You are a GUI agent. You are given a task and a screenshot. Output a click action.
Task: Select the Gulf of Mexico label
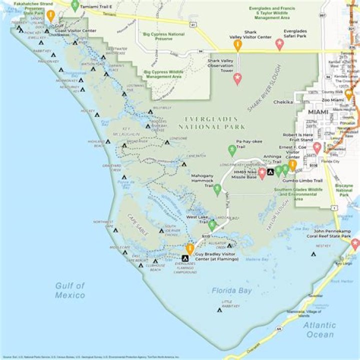pyautogui.click(x=70, y=290)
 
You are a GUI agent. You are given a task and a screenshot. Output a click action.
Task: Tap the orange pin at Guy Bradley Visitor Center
pyautogui.click(x=189, y=248)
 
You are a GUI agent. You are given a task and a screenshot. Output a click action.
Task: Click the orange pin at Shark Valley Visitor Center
pyautogui.click(x=238, y=45)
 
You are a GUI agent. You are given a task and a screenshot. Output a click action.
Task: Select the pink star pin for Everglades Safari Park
pyautogui.click(x=279, y=44)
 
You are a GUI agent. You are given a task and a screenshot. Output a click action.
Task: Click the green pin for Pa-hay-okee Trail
pyautogui.click(x=232, y=149)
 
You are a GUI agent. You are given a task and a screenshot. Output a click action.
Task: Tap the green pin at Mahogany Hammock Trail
pyautogui.click(x=217, y=188)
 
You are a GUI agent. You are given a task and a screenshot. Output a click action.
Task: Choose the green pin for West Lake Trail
pyautogui.click(x=212, y=225)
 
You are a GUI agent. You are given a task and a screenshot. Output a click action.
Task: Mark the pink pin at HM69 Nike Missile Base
pyautogui.click(x=262, y=173)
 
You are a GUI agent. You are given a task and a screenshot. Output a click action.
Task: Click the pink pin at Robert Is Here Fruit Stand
pyautogui.click(x=317, y=147)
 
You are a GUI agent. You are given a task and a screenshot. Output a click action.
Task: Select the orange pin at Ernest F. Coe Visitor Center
pyautogui.click(x=293, y=164)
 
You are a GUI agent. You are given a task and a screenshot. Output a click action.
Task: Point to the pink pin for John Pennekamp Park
pyautogui.click(x=355, y=243)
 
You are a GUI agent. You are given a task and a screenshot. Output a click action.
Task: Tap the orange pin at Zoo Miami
pyautogui.click(x=348, y=93)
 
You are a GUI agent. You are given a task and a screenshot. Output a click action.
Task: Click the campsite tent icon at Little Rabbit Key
pyautogui.click(x=219, y=310)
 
